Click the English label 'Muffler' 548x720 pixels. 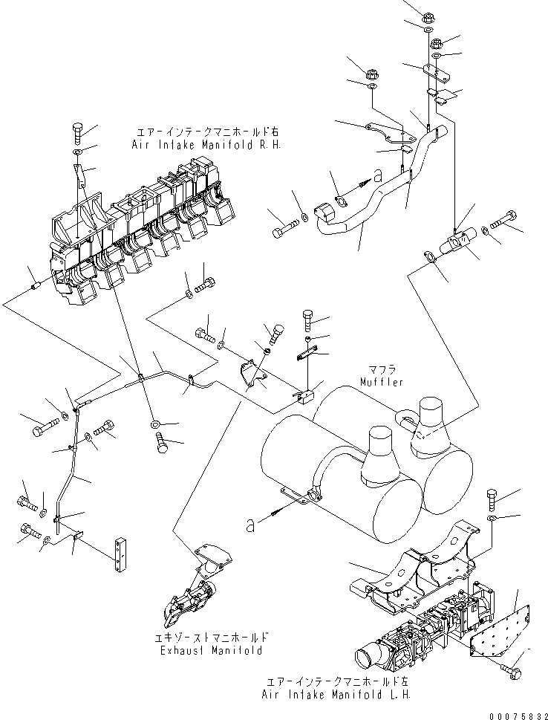pos(382,382)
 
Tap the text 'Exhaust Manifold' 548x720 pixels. pos(212,651)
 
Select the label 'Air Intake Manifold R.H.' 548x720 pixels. pos(206,146)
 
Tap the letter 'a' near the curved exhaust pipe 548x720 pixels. pos(377,176)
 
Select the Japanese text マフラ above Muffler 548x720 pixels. pos(382,369)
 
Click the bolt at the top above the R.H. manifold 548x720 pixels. pos(79,132)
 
